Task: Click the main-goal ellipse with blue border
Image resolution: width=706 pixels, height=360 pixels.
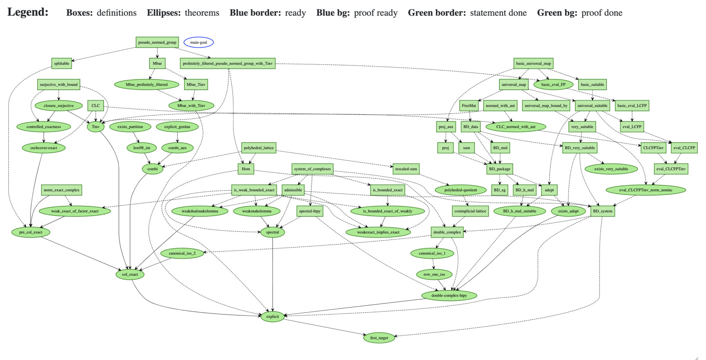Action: point(199,42)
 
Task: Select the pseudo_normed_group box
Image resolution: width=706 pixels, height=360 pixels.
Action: point(157,42)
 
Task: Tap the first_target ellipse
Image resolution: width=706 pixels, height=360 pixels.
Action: point(379,338)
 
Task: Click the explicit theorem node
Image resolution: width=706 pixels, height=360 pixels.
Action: point(272,316)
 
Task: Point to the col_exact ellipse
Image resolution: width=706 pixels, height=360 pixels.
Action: point(130,274)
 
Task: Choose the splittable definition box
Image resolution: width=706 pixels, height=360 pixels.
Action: point(62,63)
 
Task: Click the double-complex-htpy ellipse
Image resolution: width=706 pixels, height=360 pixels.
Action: point(449,295)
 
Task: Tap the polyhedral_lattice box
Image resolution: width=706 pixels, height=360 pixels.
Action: point(259,148)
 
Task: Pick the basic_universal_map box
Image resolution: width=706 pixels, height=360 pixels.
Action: point(533,63)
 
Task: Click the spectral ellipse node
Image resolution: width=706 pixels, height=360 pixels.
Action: point(272,232)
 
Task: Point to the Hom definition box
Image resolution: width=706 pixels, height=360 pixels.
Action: point(246,169)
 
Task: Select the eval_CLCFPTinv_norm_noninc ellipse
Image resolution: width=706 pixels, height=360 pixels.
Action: point(645,190)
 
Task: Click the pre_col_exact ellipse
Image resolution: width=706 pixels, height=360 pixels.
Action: point(31,232)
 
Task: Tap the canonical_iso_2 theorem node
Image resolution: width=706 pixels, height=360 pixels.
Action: point(182,253)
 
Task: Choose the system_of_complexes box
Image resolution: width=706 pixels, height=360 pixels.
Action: point(312,169)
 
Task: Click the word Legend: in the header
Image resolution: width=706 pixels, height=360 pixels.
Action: point(28,12)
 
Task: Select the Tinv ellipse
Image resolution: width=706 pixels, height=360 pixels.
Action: point(95,127)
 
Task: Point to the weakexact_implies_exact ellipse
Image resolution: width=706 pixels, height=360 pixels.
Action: point(378,232)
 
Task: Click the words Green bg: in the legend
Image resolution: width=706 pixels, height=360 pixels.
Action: point(557,13)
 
